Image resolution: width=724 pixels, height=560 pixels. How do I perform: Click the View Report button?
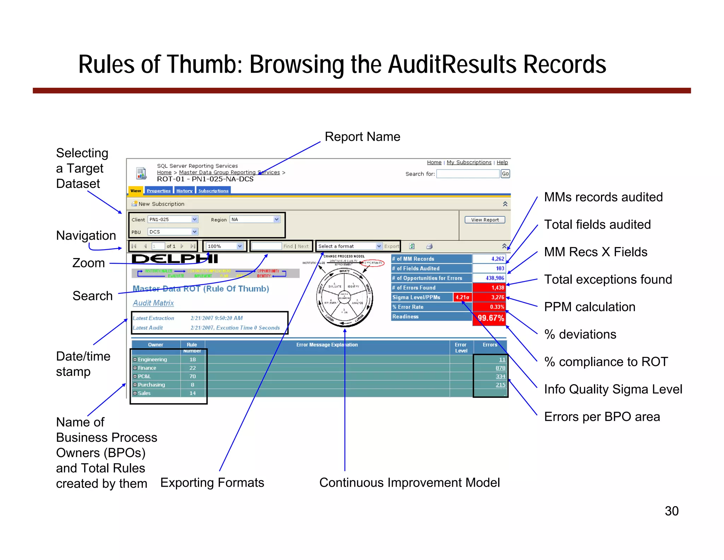pyautogui.click(x=485, y=220)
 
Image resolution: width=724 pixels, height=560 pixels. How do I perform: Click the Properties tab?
pyautogui.click(x=158, y=191)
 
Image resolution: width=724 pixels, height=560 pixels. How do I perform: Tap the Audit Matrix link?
pyautogui.click(x=153, y=303)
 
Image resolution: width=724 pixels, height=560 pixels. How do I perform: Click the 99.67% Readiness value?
pyautogui.click(x=490, y=318)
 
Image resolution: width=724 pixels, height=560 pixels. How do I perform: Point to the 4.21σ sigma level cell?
pyautogui.click(x=462, y=297)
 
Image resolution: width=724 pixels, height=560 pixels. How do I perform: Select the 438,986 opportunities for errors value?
pyautogui.click(x=495, y=278)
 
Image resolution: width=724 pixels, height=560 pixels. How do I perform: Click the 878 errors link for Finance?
pyautogui.click(x=500, y=368)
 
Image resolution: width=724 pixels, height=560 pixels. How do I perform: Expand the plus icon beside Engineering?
pyautogui.click(x=135, y=360)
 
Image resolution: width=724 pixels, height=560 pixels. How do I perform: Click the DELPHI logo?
pyautogui.click(x=175, y=259)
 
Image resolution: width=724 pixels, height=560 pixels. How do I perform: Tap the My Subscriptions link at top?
pyautogui.click(x=469, y=162)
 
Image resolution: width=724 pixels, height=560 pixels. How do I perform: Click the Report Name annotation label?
pyautogui.click(x=362, y=137)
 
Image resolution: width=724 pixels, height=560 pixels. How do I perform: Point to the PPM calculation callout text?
pyautogui.click(x=589, y=307)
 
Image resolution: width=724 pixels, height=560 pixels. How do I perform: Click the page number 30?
pyautogui.click(x=671, y=511)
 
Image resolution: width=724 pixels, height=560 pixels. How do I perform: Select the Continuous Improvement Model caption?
pyautogui.click(x=409, y=482)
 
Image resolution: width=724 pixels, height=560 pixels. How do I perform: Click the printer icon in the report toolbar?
pyautogui.click(x=430, y=246)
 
